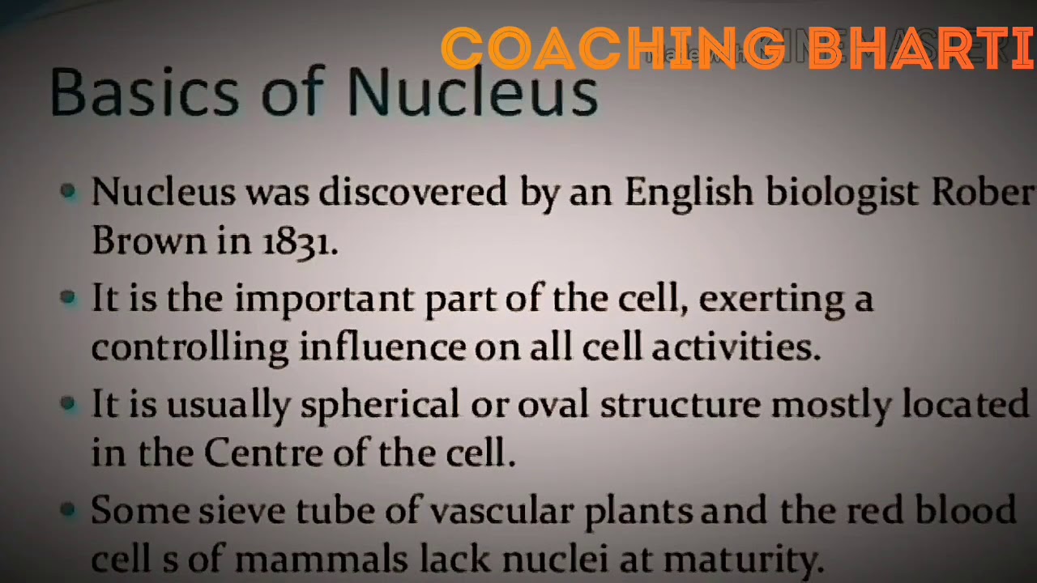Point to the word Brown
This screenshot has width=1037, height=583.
[148, 240]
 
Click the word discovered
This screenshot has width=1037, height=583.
[413, 193]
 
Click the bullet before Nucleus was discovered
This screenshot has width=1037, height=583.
[69, 192]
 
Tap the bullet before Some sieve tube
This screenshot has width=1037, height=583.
[69, 509]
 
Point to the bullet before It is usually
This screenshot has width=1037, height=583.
[69, 403]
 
